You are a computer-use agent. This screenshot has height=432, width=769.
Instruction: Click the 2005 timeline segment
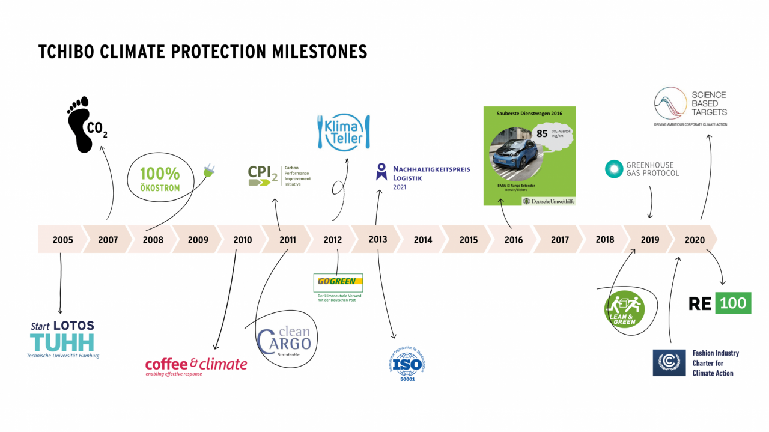click(62, 240)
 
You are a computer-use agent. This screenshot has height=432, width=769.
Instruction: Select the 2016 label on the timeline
click(514, 240)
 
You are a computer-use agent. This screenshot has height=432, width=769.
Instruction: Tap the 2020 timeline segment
click(695, 240)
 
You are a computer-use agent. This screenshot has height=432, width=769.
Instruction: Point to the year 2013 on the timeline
click(378, 239)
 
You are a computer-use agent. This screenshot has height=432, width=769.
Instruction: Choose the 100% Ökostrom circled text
click(160, 178)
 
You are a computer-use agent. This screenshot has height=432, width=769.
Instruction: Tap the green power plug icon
click(209, 170)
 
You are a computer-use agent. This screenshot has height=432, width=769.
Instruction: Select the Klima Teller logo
click(343, 132)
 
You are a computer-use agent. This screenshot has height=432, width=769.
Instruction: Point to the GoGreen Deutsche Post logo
click(338, 282)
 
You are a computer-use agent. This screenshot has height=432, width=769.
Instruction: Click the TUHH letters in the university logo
click(62, 341)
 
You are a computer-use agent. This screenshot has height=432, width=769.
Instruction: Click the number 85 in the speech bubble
click(542, 133)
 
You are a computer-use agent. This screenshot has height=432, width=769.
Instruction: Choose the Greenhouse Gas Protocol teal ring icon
click(614, 169)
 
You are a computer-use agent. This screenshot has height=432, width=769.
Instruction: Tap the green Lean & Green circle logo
click(624, 309)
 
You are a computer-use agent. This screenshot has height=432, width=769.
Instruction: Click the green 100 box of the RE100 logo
click(733, 303)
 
